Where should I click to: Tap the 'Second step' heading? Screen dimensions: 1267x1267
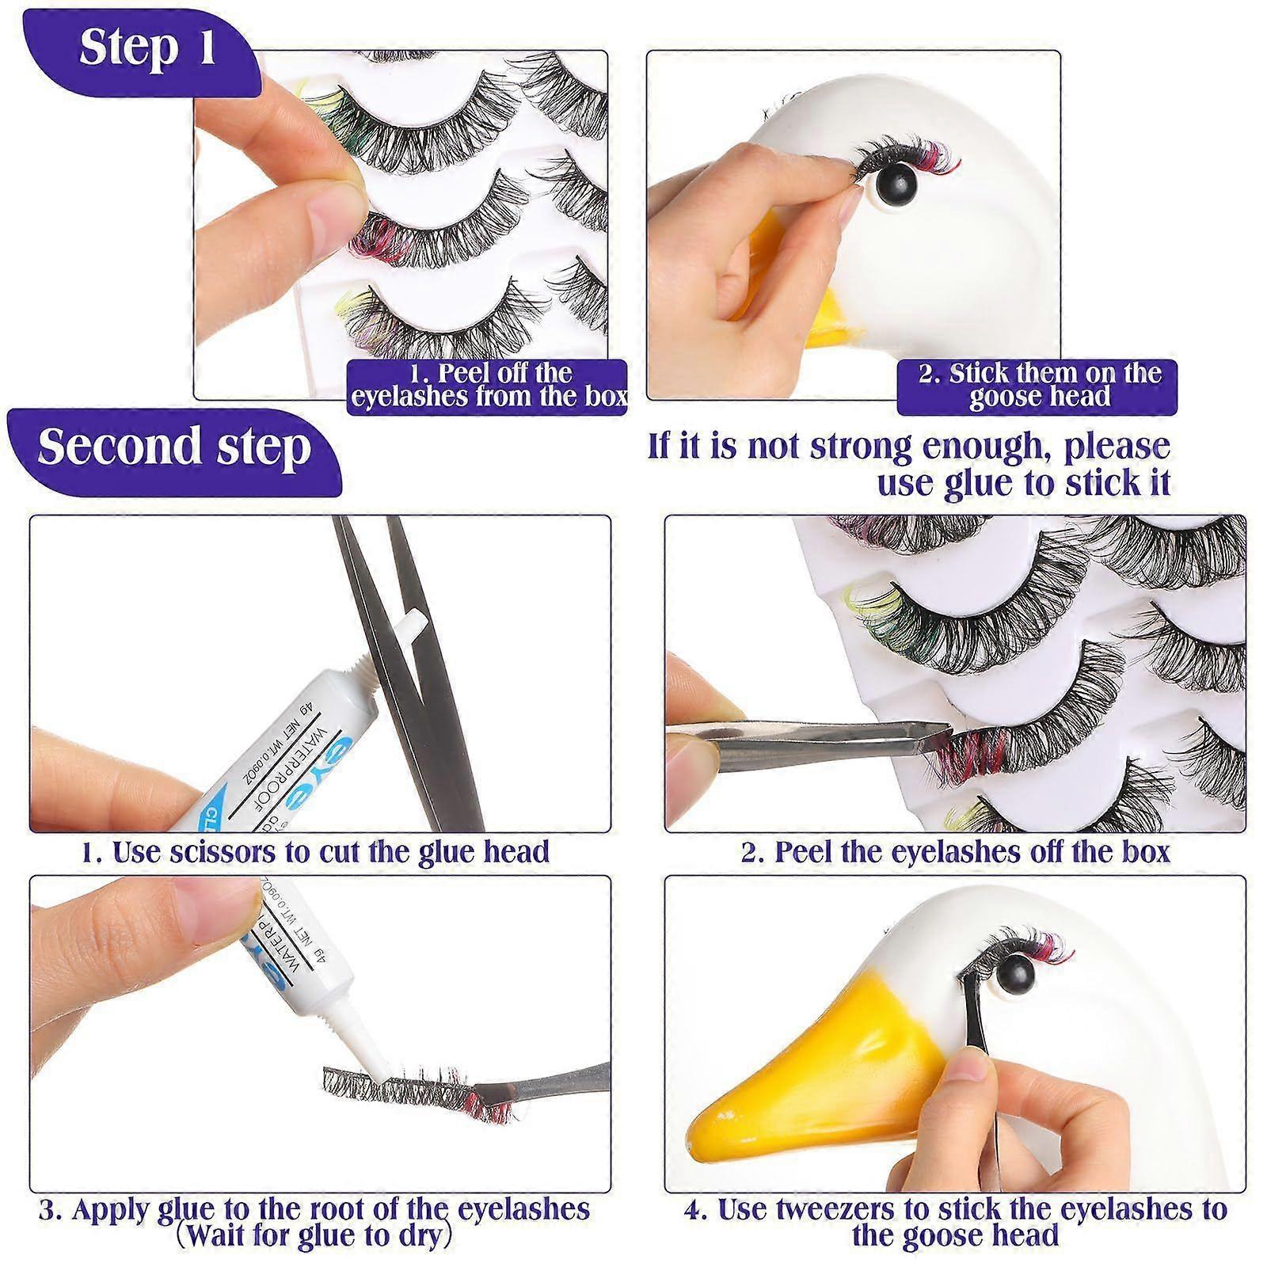174,447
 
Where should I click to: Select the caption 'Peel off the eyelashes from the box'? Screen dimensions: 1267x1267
488,385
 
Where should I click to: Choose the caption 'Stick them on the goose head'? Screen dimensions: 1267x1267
1038,385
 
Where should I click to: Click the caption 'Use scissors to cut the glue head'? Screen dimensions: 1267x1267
315,852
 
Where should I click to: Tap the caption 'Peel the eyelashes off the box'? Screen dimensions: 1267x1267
956,852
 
